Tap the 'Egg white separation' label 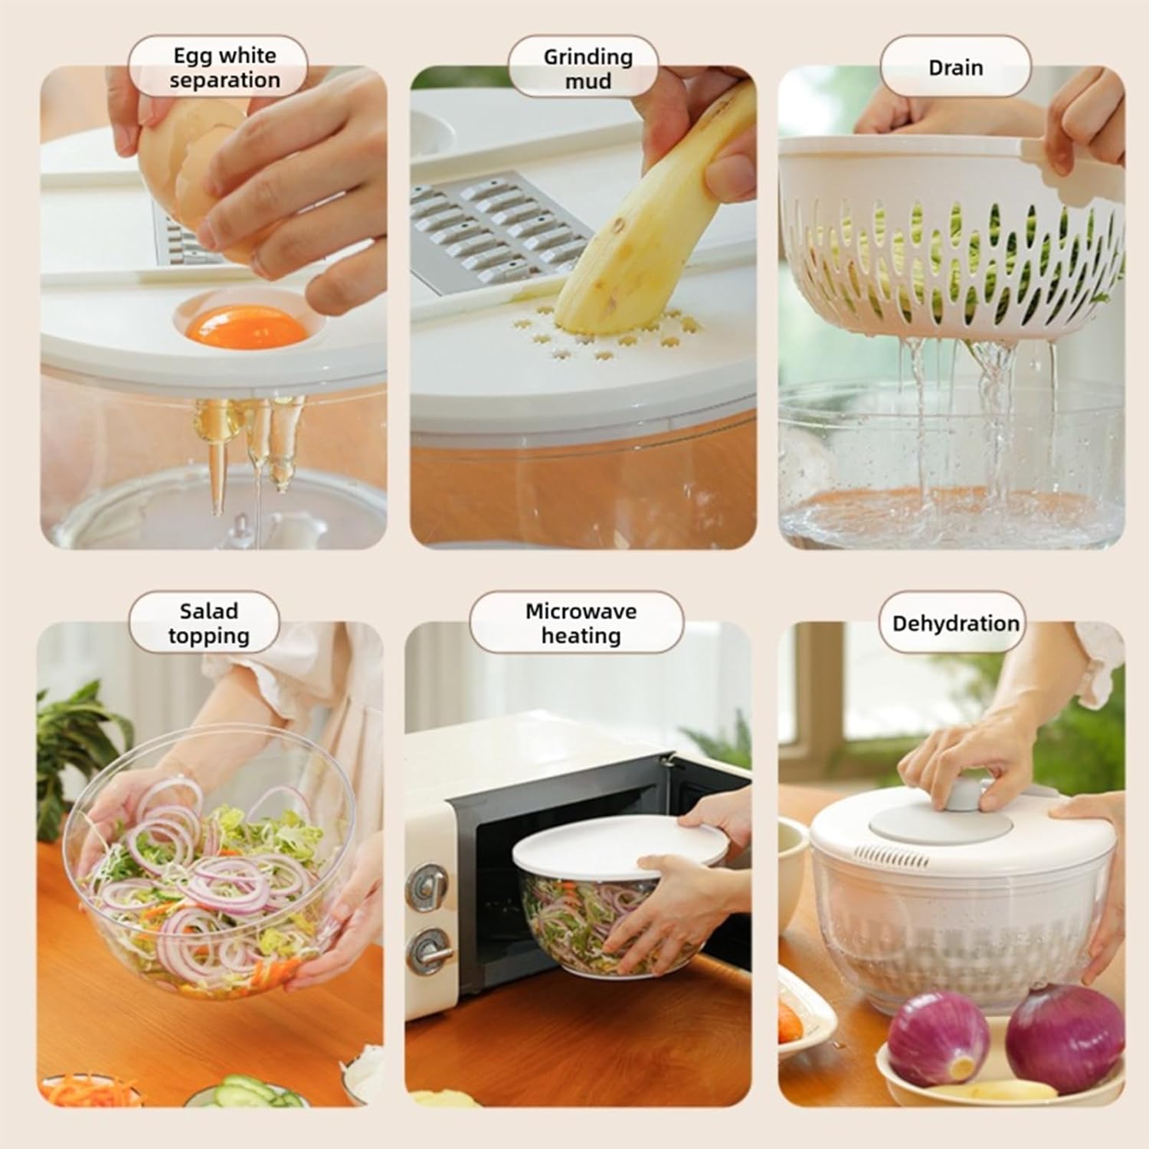(224, 67)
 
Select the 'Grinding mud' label (588, 68)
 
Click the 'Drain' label (955, 67)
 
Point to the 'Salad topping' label (209, 624)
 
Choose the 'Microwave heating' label (581, 624)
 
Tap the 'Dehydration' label (955, 624)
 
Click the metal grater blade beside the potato (490, 222)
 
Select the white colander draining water (950, 230)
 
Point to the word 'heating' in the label (581, 637)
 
